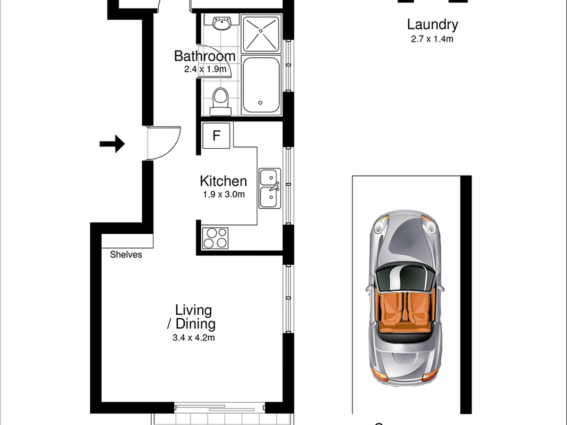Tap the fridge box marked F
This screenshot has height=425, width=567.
click(x=216, y=136)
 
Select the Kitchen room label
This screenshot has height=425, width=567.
click(x=223, y=181)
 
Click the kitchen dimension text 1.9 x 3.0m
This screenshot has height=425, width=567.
click(x=223, y=194)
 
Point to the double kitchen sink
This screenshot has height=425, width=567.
click(x=270, y=188)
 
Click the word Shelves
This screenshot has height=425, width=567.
click(x=126, y=255)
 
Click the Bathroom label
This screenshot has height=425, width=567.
click(x=205, y=56)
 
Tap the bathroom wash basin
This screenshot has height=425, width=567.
click(x=221, y=24)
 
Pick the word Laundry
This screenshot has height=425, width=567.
click(x=432, y=25)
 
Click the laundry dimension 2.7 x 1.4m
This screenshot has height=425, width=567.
click(x=432, y=39)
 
